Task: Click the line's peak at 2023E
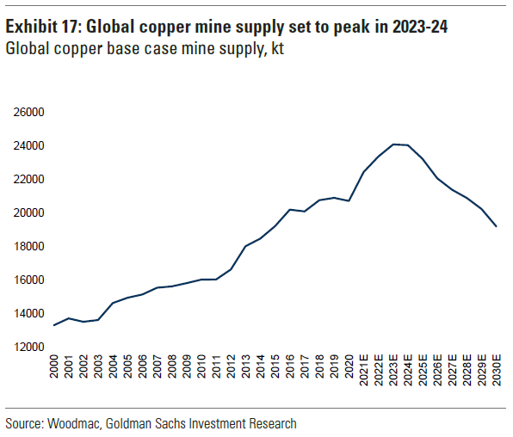pos(392,145)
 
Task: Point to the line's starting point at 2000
pos(55,325)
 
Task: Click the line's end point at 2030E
pos(496,226)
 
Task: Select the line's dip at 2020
pos(349,200)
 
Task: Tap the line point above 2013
pos(246,246)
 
